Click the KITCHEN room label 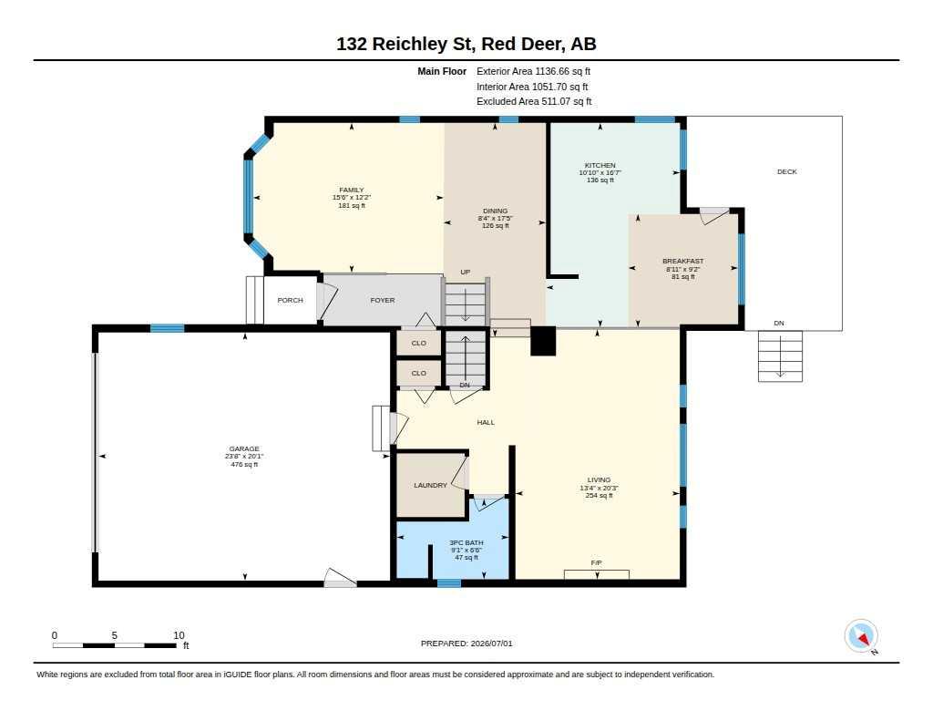pyautogui.click(x=600, y=165)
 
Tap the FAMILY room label pyautogui.click(x=352, y=190)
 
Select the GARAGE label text pyautogui.click(x=244, y=448)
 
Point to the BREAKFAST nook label pyautogui.click(x=683, y=261)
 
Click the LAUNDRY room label pyautogui.click(x=430, y=485)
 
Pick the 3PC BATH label pyautogui.click(x=466, y=542)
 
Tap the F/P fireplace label pyautogui.click(x=596, y=562)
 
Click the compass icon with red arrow pyautogui.click(x=861, y=636)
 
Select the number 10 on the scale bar pyautogui.click(x=179, y=635)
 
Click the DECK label pyautogui.click(x=786, y=171)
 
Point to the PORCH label pyautogui.click(x=291, y=300)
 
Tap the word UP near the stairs pyautogui.click(x=466, y=273)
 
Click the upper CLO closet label pyautogui.click(x=419, y=343)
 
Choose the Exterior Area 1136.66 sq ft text pyautogui.click(x=533, y=71)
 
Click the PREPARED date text pyautogui.click(x=466, y=643)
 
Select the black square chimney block pyautogui.click(x=543, y=341)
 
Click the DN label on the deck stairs pyautogui.click(x=779, y=324)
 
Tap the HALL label pyautogui.click(x=486, y=422)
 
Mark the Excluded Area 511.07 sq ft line pyautogui.click(x=534, y=102)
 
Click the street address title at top pyautogui.click(x=466, y=44)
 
